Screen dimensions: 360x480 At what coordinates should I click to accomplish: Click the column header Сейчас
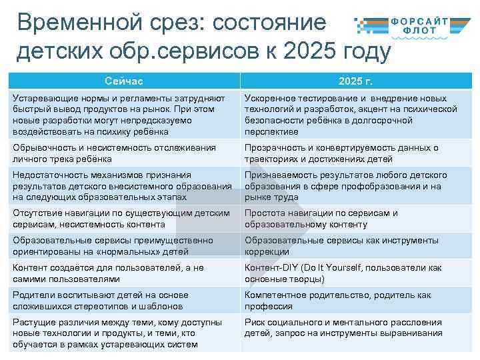tap(124, 81)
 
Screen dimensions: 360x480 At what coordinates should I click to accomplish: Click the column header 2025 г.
tap(355, 81)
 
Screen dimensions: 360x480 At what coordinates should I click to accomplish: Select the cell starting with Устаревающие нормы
tap(124, 115)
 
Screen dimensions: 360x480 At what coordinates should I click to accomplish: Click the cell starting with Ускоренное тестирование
tap(355, 115)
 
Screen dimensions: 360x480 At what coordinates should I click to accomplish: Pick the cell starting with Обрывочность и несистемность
tap(124, 153)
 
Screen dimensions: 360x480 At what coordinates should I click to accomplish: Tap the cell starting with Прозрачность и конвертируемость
tap(355, 153)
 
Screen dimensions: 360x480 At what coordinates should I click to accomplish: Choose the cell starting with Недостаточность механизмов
tap(124, 186)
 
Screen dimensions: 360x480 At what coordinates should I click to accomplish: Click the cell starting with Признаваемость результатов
tap(355, 186)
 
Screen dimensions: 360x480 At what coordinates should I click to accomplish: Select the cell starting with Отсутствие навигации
tap(124, 219)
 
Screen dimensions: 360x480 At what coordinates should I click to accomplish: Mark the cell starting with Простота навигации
tap(355, 219)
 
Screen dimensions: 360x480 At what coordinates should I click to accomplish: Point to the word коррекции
tap(267, 251)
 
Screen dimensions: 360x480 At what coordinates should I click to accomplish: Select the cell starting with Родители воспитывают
tap(124, 300)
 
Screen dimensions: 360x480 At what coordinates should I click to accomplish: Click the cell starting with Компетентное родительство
tap(355, 300)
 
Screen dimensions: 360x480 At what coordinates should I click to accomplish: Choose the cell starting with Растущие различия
tap(124, 333)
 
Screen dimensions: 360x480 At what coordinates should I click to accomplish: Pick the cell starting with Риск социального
tap(355, 327)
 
